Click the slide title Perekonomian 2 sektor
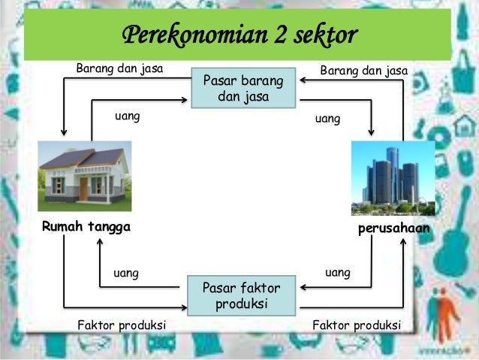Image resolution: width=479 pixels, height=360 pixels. click(239, 35)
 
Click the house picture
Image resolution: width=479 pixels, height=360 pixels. click(84, 174)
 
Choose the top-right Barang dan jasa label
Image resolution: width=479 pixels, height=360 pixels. click(363, 70)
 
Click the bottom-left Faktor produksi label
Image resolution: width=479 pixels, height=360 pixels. click(122, 325)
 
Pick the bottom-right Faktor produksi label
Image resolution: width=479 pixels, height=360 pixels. click(357, 325)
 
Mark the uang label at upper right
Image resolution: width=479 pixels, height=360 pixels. click(327, 119)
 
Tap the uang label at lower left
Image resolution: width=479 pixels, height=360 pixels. click(125, 273)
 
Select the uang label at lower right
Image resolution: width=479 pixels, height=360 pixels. click(337, 272)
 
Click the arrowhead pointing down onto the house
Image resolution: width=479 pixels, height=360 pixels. click(64, 136)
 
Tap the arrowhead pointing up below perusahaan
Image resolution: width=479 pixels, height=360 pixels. click(403, 239)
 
